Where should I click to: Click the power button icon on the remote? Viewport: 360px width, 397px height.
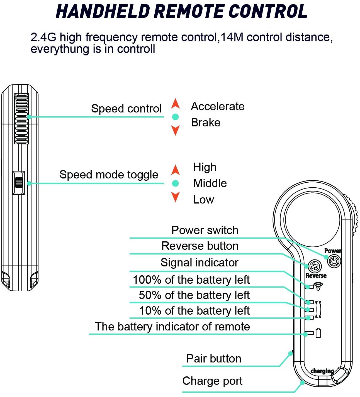(334, 261)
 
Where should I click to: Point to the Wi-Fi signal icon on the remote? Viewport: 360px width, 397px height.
(318, 286)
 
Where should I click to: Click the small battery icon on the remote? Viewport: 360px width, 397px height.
(318, 333)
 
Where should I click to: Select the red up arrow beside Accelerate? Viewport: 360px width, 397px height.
(175, 103)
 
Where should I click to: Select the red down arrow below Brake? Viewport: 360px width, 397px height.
(175, 130)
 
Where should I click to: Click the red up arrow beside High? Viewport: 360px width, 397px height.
(175, 170)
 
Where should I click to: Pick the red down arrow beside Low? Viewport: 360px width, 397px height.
(175, 197)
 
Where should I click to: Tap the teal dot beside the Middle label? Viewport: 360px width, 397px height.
(175, 183)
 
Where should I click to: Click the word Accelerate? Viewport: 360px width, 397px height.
(218, 106)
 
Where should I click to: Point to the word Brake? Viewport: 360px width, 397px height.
(205, 122)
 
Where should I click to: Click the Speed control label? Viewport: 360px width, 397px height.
(126, 109)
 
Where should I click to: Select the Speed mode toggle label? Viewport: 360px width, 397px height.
(109, 175)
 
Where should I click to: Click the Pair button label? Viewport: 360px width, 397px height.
(213, 359)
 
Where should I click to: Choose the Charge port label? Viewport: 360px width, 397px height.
(212, 381)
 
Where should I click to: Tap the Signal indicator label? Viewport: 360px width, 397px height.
(199, 263)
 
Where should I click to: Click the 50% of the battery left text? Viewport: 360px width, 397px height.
(194, 295)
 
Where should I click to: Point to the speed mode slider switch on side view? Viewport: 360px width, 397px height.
(19, 183)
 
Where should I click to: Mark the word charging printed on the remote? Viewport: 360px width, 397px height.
(322, 371)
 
